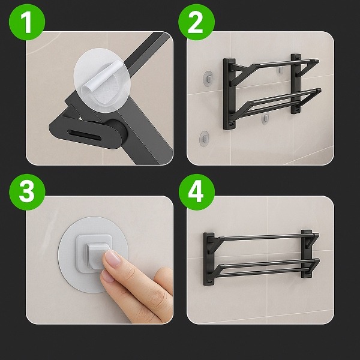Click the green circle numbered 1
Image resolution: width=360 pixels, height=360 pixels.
27,22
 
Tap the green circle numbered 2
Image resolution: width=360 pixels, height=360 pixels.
197,22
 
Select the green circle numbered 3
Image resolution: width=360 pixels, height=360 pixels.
27,192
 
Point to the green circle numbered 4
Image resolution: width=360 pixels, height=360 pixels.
197,192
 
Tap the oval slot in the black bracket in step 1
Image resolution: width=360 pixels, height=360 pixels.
84,136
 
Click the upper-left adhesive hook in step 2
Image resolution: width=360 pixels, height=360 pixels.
208,79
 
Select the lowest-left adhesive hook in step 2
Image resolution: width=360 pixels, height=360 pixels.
204,139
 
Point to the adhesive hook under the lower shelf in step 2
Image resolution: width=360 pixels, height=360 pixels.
265,119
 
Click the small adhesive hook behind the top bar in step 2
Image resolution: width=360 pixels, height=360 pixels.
280,70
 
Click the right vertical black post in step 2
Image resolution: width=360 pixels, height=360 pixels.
296,83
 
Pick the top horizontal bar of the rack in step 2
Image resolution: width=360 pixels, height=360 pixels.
284,64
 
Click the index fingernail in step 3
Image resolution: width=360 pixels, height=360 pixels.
113,258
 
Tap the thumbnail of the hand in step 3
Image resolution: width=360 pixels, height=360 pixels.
107,275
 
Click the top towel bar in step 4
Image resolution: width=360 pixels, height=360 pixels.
266,237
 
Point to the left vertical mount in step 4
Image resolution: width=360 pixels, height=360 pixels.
209,259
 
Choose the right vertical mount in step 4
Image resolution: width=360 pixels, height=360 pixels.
307,254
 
